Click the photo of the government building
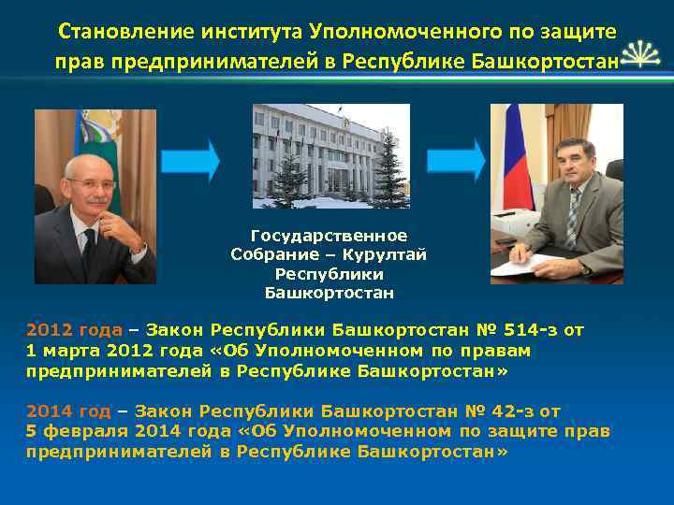point(330,155)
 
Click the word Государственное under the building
point(329,236)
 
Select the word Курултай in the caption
point(390,254)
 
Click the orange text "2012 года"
point(74,330)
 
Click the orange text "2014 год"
point(68,411)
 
